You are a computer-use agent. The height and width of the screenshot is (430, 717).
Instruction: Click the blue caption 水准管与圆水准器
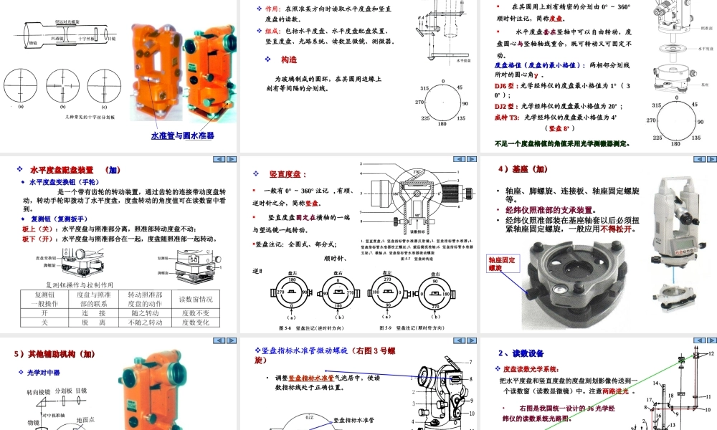182,135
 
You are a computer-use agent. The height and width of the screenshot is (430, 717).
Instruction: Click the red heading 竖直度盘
288,174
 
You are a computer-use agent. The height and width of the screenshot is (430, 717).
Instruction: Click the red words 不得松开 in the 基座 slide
617,229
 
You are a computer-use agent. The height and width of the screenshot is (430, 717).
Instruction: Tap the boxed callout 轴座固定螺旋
500,264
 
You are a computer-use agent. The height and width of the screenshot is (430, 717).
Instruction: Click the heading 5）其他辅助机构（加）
54,353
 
